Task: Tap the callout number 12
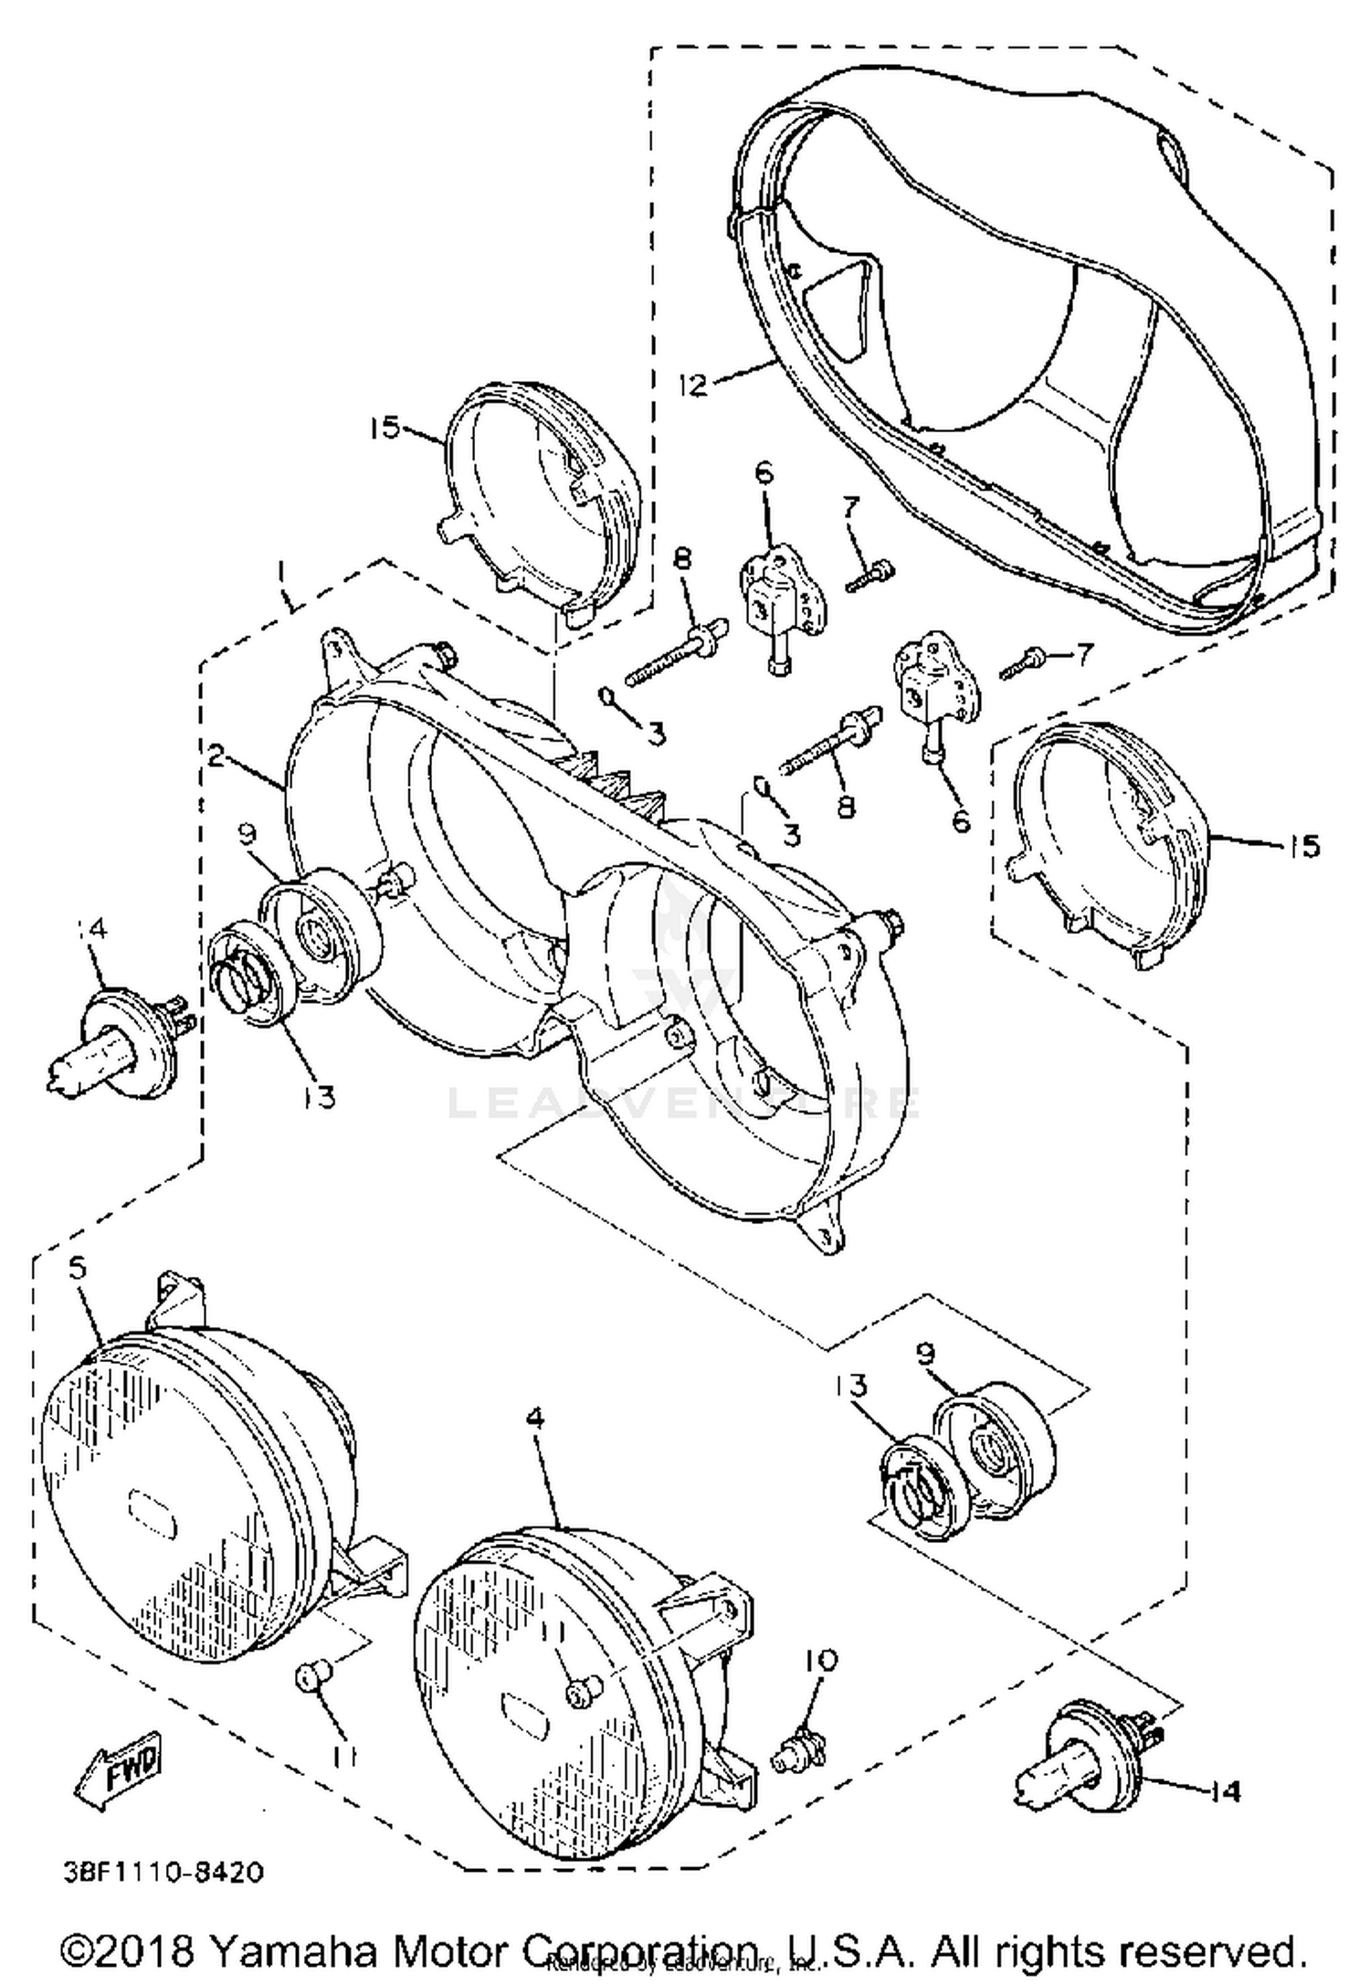click(692, 385)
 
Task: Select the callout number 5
click(78, 1269)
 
